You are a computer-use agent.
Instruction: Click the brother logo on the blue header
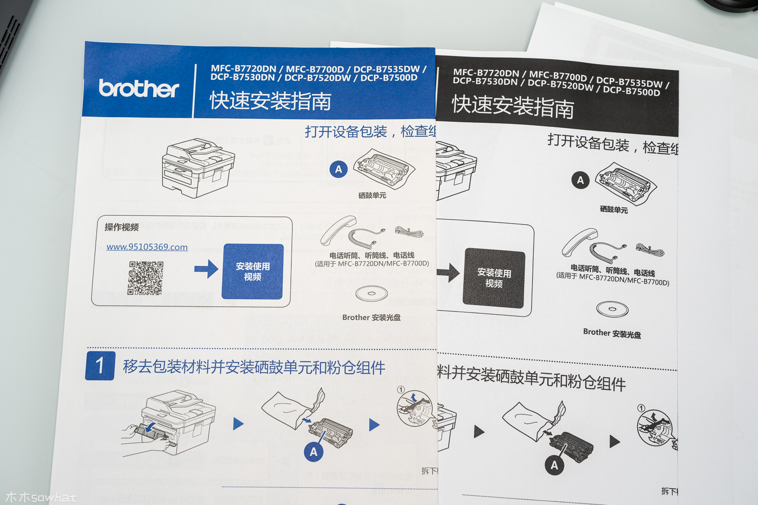point(139,88)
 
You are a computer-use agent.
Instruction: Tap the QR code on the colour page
point(146,278)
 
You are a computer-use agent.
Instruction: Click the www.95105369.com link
point(147,247)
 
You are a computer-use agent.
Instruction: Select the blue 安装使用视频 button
point(253,272)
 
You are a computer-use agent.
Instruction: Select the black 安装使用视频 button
point(494,278)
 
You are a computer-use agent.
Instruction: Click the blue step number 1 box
point(100,366)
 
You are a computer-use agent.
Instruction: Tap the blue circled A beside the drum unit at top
point(339,170)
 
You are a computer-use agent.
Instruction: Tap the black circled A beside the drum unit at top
point(580,180)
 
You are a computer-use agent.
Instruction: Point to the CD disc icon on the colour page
point(371,293)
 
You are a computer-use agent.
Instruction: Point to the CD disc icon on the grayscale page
point(612,309)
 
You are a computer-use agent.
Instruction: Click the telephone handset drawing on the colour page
point(339,230)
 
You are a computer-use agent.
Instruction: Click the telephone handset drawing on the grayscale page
point(579,242)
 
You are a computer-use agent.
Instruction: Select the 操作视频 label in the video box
point(122,227)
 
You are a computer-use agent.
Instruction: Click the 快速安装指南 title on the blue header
point(271,101)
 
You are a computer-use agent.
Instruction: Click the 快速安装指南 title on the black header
point(513,107)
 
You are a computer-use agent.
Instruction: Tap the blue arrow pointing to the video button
point(206,269)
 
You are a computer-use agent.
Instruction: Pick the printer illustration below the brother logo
point(198,167)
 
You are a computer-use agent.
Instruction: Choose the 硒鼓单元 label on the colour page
point(372,195)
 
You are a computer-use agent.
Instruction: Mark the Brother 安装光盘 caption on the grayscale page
point(612,333)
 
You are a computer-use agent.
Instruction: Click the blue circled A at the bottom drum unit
point(313,452)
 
